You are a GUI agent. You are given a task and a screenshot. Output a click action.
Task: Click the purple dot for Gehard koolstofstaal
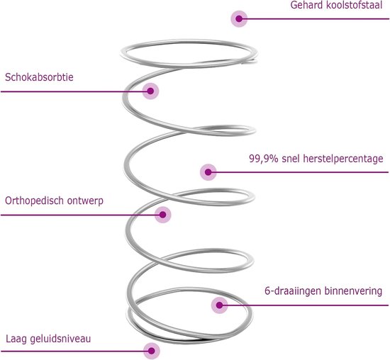tap(239, 18)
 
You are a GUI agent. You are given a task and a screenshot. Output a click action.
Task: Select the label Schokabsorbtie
tap(39, 77)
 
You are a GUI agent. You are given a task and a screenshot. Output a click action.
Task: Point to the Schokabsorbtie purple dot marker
tap(150, 91)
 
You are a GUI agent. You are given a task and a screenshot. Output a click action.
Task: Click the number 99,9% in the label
tap(264, 159)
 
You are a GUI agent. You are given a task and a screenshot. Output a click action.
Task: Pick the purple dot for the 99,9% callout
tap(208, 172)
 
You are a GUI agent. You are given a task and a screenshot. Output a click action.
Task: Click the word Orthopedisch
tap(33, 201)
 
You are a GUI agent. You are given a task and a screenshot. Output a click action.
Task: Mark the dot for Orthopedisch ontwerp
tap(163, 215)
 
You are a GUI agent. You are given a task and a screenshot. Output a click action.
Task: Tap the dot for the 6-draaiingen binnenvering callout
tap(219, 305)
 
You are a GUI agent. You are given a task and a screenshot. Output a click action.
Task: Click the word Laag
tap(16, 339)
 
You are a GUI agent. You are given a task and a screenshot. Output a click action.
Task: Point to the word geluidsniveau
tap(60, 339)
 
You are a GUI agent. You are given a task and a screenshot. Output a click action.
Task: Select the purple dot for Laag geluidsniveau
tap(152, 351)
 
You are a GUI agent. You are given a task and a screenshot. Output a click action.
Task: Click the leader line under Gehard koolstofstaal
tap(314, 19)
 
